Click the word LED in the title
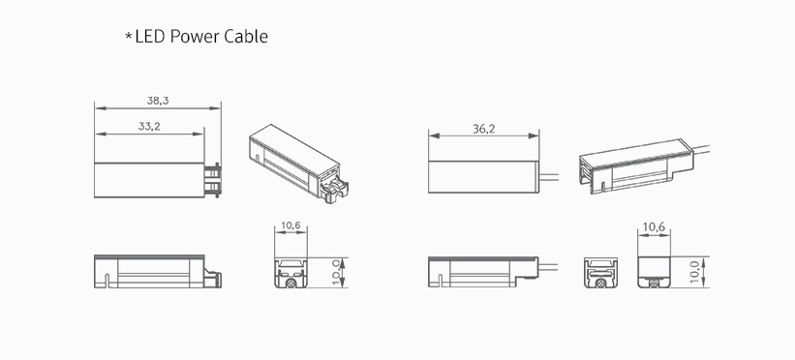151,37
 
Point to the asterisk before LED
129,37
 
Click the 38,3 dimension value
158,101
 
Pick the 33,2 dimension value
149,126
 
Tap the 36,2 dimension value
484,129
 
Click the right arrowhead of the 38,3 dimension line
216,108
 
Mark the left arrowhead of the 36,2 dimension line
434,135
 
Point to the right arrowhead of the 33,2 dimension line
199,134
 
